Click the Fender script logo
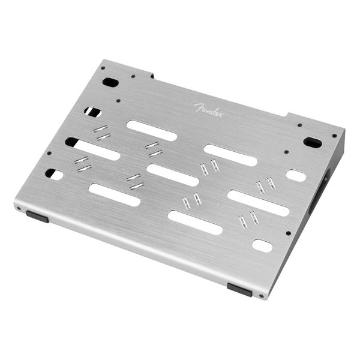tap(208, 109)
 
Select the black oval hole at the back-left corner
tap(110, 82)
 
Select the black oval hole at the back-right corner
tap(313, 142)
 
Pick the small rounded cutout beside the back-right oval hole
tap(296, 175)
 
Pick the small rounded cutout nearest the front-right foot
tap(262, 245)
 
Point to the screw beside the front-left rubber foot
tap(20, 209)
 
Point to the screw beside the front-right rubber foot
tap(262, 296)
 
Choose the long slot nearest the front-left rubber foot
tap(114, 194)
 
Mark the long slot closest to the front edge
tap(195, 222)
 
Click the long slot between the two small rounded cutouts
tap(259, 203)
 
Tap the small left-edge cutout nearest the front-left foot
tap(54, 174)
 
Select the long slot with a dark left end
tap(92, 148)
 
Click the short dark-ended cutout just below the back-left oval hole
tap(92, 112)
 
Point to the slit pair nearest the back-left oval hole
tap(102, 133)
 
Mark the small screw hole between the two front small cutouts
tap(289, 233)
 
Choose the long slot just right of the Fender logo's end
tap(230, 155)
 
